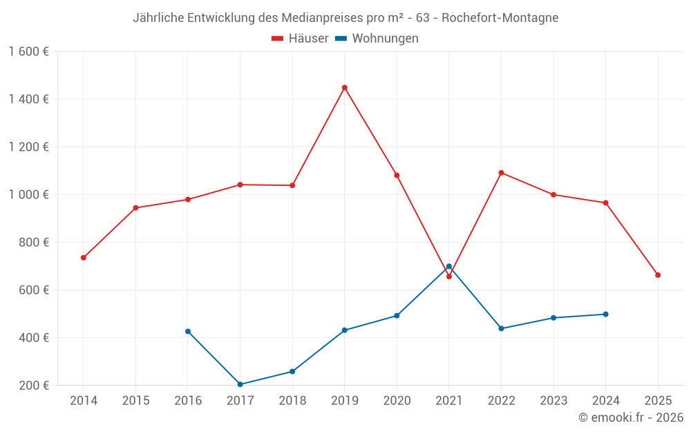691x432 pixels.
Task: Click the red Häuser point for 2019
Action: coord(344,88)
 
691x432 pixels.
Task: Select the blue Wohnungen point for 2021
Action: coord(448,266)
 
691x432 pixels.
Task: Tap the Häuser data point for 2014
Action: coord(84,258)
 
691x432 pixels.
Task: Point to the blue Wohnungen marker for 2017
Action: coord(240,384)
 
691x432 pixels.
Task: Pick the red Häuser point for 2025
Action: coord(658,275)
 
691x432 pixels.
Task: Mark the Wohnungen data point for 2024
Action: coord(605,314)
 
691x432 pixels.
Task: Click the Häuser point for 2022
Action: coord(501,173)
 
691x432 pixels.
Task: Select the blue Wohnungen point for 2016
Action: coord(188,331)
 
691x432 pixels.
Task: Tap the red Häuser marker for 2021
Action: coord(448,276)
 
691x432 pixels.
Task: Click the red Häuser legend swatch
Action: coord(278,39)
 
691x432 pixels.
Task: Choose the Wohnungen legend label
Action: coord(385,39)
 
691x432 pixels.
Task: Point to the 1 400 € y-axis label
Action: coord(29,99)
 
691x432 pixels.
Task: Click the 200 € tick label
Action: coord(35,385)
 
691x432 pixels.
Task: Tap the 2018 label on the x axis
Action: coord(292,400)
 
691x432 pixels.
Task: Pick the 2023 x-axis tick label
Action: coord(553,400)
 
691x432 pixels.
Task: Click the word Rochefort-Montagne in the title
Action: coord(500,18)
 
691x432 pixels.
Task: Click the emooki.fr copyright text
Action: coord(631,417)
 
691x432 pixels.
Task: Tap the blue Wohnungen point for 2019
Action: coord(344,330)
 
